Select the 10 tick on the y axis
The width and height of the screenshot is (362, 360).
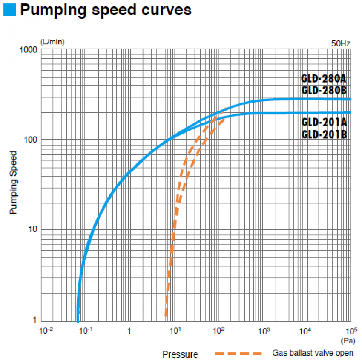click(32, 230)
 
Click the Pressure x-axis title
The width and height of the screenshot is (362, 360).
click(180, 354)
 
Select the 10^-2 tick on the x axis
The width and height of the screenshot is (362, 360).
click(46, 331)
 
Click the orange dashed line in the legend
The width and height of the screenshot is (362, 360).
click(238, 353)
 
